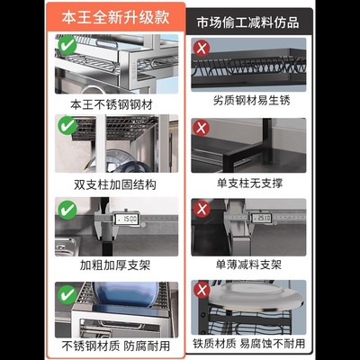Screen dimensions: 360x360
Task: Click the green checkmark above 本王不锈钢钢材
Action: click(x=67, y=44)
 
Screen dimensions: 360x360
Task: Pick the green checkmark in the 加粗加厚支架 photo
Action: click(x=67, y=209)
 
